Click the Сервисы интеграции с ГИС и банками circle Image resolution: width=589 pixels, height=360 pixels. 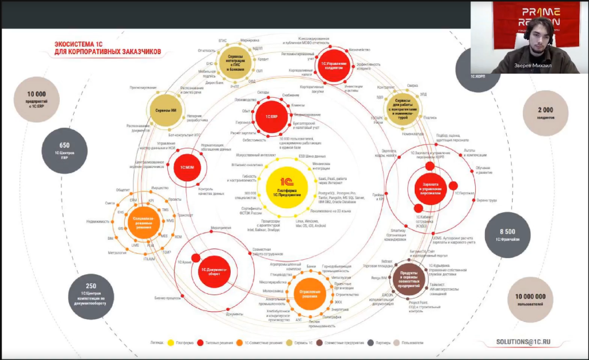coord(236,61)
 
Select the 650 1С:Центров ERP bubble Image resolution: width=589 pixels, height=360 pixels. coord(64,149)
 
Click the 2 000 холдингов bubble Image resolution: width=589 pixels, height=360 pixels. coord(545,113)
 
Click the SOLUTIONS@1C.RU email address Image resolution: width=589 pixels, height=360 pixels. coord(523,342)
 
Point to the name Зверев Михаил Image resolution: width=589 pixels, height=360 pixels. coord(540,66)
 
